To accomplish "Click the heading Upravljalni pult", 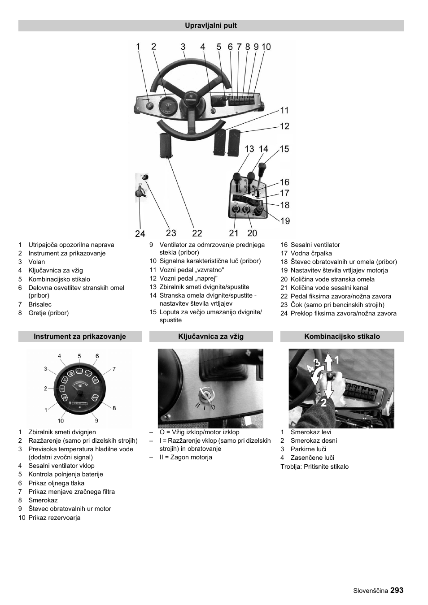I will point(211,26).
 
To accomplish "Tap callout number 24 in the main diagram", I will point(140,233).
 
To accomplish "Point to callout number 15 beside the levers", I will point(284,149).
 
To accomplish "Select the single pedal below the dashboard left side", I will point(166,145).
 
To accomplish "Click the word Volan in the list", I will point(37,262).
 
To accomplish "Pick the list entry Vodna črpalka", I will point(311,253).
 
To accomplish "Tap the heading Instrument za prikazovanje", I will point(80,337).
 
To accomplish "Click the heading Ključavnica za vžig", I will point(211,337).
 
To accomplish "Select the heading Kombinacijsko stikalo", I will point(342,337).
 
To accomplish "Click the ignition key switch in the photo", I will point(207,395).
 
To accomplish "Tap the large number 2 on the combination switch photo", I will point(324,402).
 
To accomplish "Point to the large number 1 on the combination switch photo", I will point(336,360).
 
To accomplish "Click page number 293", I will point(397,590).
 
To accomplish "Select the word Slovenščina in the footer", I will point(370,591).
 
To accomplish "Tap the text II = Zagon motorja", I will point(186,457).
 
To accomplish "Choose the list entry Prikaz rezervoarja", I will point(54,518).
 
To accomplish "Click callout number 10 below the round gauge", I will point(61,420).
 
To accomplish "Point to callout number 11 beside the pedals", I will point(284,110).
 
